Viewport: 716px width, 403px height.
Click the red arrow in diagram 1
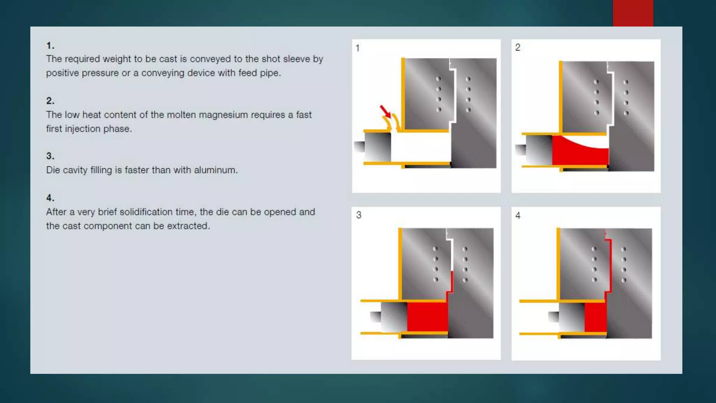pyautogui.click(x=386, y=112)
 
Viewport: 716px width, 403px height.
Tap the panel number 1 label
pyautogui.click(x=358, y=48)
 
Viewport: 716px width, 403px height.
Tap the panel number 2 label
pyautogui.click(x=518, y=48)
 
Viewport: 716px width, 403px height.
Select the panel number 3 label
pyautogui.click(x=359, y=215)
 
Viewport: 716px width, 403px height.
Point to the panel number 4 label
pyautogui.click(x=518, y=215)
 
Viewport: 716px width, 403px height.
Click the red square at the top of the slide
pyautogui.click(x=633, y=13)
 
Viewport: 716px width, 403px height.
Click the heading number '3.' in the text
pyautogui.click(x=50, y=156)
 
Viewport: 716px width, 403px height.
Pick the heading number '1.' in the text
pyautogui.click(x=50, y=45)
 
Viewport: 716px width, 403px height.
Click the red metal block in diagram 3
pyautogui.click(x=427, y=317)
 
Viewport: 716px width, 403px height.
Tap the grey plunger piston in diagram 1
pyautogui.click(x=378, y=147)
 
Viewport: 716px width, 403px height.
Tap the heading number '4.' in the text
pyautogui.click(x=50, y=198)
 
